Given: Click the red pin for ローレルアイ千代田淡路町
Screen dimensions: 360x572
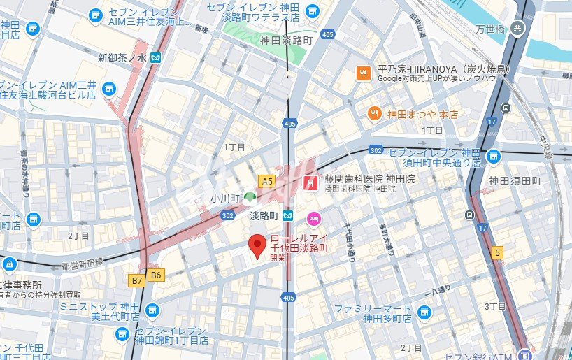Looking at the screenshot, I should (x=257, y=245).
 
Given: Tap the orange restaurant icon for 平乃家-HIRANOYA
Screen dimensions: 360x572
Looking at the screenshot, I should (x=363, y=73).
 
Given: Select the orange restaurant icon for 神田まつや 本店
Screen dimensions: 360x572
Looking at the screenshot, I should (x=375, y=113).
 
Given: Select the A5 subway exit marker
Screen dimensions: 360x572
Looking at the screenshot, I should (x=266, y=181).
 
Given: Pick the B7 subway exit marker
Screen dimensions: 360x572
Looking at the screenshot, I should (x=136, y=279).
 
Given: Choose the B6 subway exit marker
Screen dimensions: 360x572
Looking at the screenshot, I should (x=155, y=275).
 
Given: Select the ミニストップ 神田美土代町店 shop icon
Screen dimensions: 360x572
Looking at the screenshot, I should (x=152, y=310).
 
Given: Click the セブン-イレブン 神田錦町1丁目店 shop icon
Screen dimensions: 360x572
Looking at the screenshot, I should (x=122, y=335).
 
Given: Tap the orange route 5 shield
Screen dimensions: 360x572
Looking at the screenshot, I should (x=497, y=253).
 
